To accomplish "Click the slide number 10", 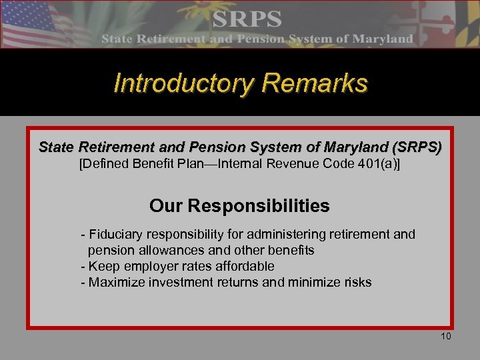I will [x=446, y=336].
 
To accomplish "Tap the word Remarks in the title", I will [x=315, y=84].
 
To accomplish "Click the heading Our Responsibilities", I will [x=239, y=206].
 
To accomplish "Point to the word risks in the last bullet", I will [x=356, y=282].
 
